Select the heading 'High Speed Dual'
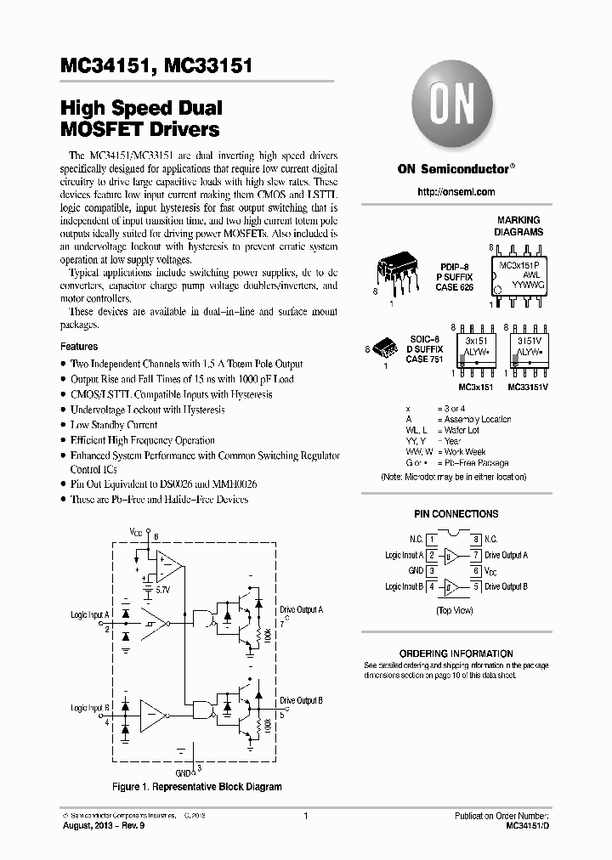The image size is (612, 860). (141, 109)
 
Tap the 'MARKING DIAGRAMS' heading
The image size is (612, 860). (518, 226)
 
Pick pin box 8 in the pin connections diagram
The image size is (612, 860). (477, 540)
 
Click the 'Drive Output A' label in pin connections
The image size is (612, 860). (507, 555)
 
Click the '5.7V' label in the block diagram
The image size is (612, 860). (163, 588)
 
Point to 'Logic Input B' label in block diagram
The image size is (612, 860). (89, 707)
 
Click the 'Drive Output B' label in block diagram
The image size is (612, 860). (301, 700)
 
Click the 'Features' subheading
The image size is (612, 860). (79, 347)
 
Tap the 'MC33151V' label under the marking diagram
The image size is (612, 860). (529, 388)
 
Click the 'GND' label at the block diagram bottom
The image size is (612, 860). (184, 773)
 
